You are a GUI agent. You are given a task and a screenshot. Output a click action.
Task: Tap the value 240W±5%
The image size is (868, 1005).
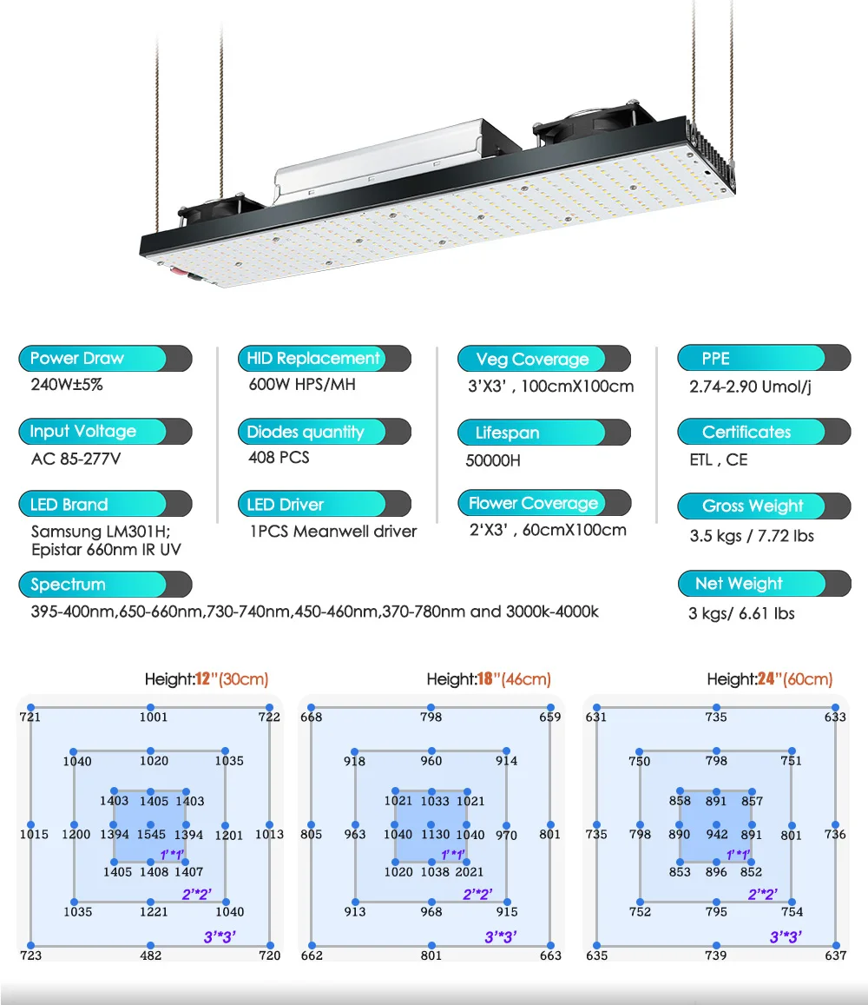67,385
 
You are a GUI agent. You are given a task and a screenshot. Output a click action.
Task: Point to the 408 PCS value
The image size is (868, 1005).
279,457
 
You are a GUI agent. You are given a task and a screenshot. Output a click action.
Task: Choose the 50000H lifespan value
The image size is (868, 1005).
493,460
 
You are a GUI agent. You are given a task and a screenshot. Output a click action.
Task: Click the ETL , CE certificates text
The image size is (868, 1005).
719,460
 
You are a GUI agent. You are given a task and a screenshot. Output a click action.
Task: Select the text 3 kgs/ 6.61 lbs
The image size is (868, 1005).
741,613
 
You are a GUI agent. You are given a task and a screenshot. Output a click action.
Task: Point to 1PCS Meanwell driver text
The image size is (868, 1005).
332,531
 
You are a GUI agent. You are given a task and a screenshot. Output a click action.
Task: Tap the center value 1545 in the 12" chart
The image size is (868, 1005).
150,835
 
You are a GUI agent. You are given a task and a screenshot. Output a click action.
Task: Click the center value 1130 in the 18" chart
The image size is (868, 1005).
435,835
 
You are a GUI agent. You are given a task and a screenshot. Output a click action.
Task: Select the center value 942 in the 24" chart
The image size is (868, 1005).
717,835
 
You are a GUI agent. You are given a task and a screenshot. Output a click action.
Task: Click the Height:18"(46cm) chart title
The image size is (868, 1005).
489,679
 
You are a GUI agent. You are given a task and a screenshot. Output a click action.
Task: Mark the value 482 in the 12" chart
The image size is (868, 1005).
150,955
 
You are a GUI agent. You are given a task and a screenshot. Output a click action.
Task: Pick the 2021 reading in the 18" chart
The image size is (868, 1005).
469,871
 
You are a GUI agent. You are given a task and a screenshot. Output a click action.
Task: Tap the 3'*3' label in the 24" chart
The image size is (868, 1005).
786,936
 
